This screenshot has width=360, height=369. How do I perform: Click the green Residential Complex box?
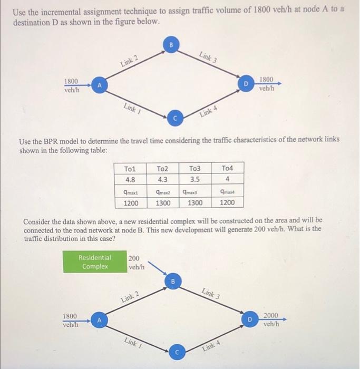tap(95, 262)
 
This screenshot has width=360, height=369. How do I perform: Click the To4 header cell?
tap(227, 169)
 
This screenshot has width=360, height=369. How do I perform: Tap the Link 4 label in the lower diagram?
tap(213, 346)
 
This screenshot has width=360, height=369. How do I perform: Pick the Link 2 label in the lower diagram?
tap(130, 296)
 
